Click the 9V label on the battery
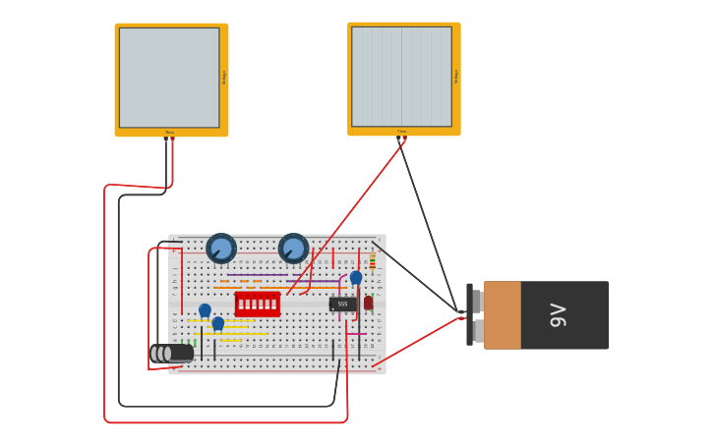(559, 314)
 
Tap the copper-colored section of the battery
(502, 315)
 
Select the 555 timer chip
(342, 305)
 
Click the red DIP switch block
(257, 304)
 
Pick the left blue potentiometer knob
(221, 249)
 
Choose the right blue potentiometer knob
(293, 249)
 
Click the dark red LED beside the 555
(369, 303)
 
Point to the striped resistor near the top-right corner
(372, 261)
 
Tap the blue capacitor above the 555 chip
(356, 278)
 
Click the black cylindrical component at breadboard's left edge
(171, 353)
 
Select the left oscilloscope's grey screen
(169, 78)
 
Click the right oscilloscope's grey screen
(401, 77)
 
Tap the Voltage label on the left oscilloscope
(224, 78)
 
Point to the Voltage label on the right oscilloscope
(456, 77)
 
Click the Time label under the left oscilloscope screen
(169, 132)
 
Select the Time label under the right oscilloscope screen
(401, 131)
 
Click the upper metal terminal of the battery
(476, 301)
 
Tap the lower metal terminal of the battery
(476, 331)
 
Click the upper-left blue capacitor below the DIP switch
(205, 310)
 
